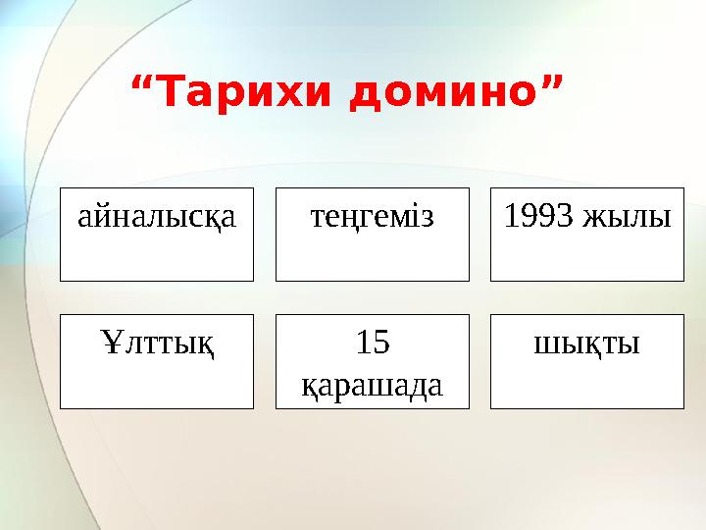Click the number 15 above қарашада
tap(372, 343)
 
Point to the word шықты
tap(586, 343)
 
